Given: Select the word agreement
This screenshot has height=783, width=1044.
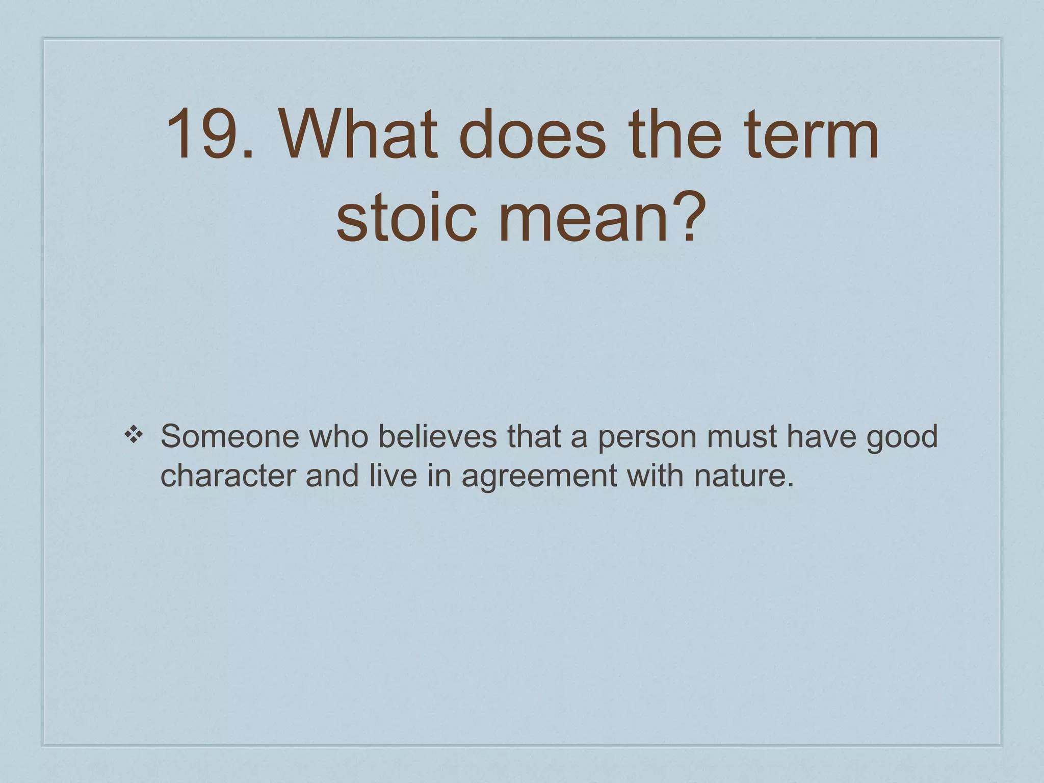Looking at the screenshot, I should coord(539,476).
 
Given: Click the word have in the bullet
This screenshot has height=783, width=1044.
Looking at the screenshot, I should coord(822,436).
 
